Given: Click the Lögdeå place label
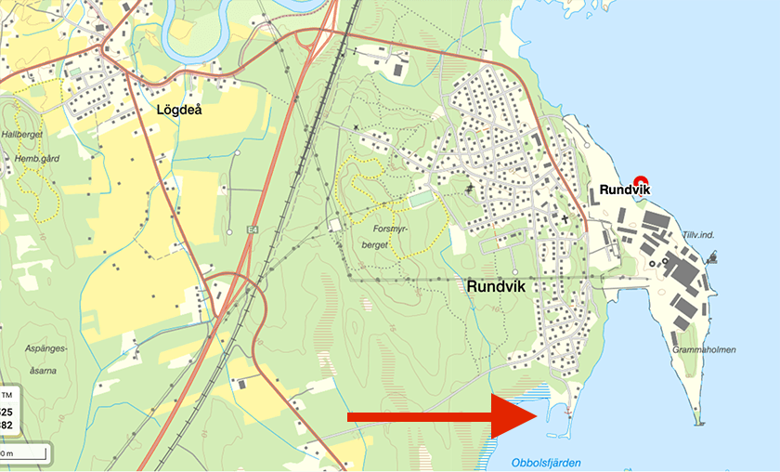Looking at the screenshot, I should tap(179, 109).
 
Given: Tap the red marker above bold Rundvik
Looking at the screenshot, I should tap(639, 181).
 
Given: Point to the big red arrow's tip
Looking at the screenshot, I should tap(537, 416).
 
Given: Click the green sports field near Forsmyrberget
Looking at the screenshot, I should tap(421, 200).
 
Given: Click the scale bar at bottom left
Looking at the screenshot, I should tap(22, 453).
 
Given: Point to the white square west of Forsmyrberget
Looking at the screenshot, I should tap(335, 226).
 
